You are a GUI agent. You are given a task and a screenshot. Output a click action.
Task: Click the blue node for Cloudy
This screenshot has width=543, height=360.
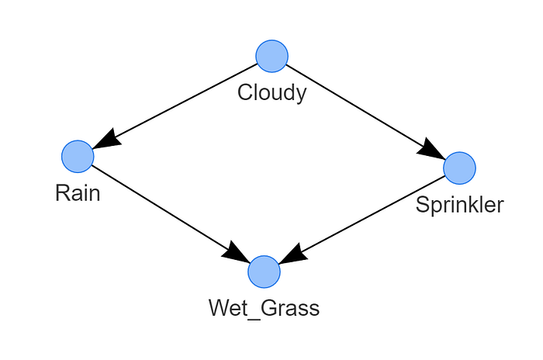(x=271, y=56)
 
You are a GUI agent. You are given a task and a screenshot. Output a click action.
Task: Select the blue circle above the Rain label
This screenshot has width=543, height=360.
(x=78, y=157)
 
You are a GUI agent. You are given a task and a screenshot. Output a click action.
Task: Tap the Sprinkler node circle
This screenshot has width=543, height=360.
(x=459, y=168)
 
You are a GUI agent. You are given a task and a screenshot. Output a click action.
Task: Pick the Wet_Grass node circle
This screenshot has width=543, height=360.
(x=264, y=272)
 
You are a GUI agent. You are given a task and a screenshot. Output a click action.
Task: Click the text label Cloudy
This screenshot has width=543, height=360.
(x=271, y=93)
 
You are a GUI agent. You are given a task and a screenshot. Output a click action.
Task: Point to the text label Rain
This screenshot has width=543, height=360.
(x=78, y=193)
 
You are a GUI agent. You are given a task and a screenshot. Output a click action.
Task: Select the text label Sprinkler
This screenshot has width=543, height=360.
(x=459, y=205)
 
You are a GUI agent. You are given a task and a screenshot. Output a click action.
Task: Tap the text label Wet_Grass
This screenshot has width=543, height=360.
(x=264, y=308)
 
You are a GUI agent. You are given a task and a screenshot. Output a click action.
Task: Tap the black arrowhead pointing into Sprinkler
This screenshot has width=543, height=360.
(x=431, y=150)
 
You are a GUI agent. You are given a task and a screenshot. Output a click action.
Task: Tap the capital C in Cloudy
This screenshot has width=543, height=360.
(x=244, y=93)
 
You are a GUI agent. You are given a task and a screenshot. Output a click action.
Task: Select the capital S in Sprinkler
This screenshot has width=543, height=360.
(x=422, y=205)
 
